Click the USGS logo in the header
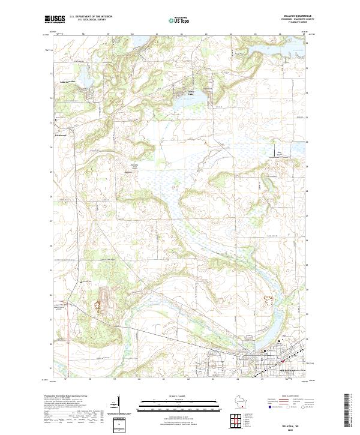point(55,19)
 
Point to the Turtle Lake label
point(191,93)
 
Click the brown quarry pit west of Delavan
point(97,303)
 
